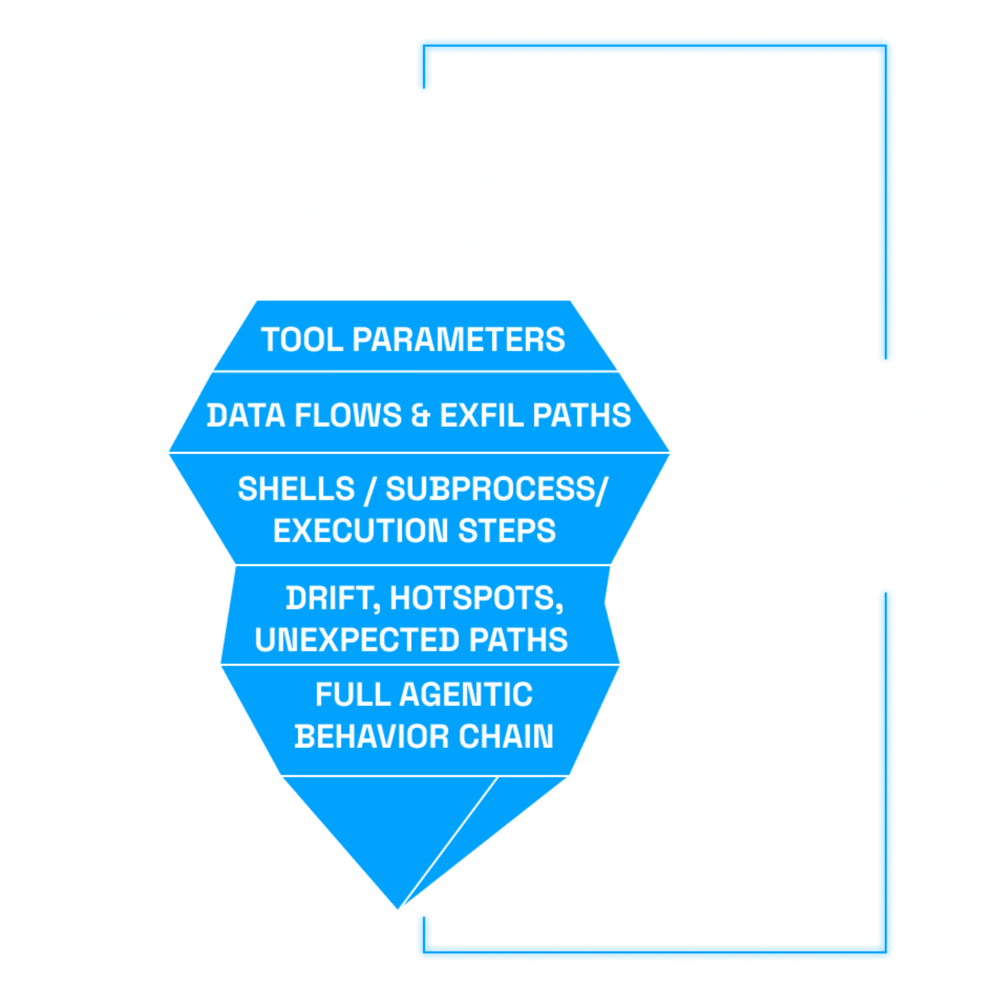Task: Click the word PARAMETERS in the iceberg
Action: coord(459,339)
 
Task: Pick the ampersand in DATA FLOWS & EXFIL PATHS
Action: coord(421,415)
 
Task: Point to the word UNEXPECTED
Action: coord(357,640)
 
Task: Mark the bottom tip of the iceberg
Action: coord(398,911)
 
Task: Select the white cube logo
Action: coord(885,474)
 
